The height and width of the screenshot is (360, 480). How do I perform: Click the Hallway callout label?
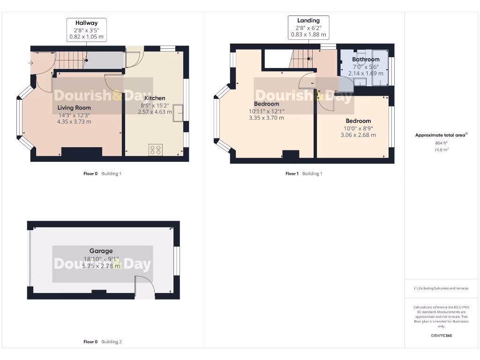(x=87, y=29)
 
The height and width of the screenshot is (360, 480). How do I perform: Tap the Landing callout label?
(x=308, y=27)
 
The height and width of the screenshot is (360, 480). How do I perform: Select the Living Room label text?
(x=74, y=108)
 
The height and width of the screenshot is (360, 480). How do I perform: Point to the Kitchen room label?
(x=155, y=98)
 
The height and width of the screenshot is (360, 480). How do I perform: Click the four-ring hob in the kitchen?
(x=156, y=150)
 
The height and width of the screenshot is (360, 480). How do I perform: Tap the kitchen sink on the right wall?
(x=178, y=113)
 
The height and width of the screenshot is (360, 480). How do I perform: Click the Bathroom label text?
(x=366, y=60)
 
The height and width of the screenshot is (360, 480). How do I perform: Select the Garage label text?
(x=101, y=251)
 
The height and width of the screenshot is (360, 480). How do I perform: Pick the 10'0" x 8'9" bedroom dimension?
(x=358, y=128)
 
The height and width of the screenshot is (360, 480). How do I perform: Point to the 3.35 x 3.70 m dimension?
(x=266, y=118)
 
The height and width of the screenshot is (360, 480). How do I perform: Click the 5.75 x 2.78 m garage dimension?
(x=101, y=266)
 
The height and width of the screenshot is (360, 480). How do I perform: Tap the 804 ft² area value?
(x=441, y=143)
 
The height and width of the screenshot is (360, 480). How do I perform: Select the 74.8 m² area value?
(x=441, y=150)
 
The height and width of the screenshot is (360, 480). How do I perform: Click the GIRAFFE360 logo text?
(x=441, y=336)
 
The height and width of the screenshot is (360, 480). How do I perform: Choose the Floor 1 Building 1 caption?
(x=304, y=173)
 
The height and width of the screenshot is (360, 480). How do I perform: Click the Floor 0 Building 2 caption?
(x=102, y=342)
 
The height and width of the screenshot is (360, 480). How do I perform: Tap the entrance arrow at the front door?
(x=31, y=63)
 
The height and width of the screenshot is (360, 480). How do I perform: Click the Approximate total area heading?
(x=441, y=135)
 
